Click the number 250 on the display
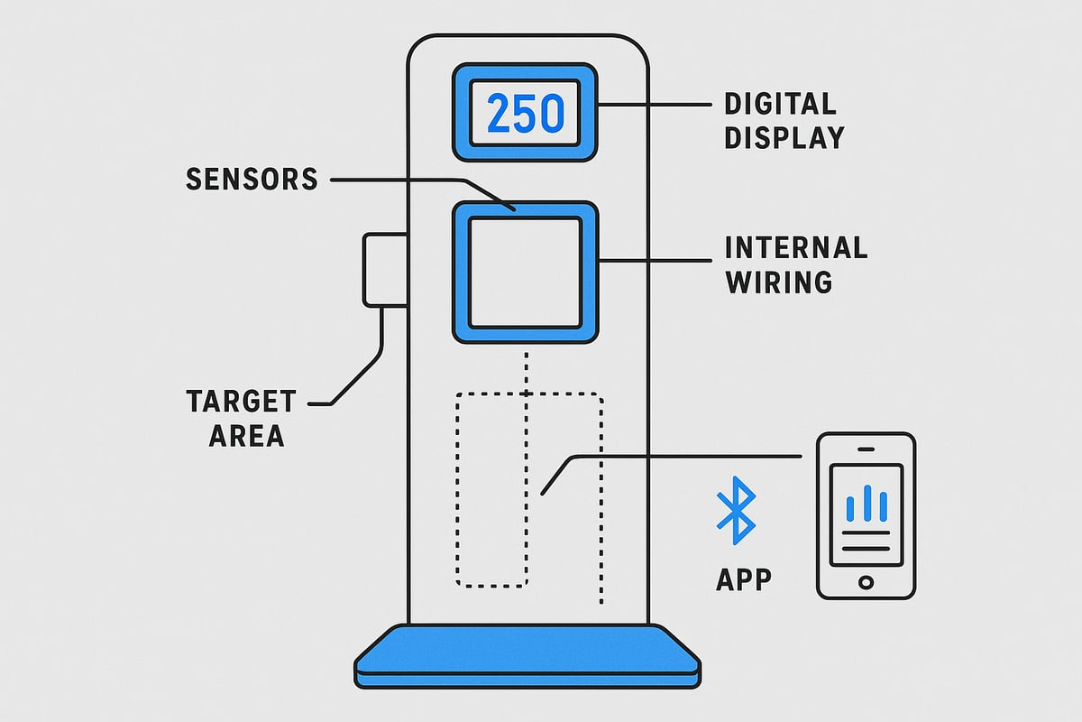[525, 114]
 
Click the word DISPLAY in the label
[784, 137]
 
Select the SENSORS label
[252, 179]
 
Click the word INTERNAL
[796, 248]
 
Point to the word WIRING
[778, 282]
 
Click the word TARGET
[241, 402]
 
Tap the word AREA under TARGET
[246, 436]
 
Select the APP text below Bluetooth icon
[744, 579]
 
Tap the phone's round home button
[866, 581]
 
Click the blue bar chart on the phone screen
[866, 504]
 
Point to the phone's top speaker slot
[866, 449]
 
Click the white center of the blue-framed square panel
[525, 273]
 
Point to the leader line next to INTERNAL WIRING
[658, 261]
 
